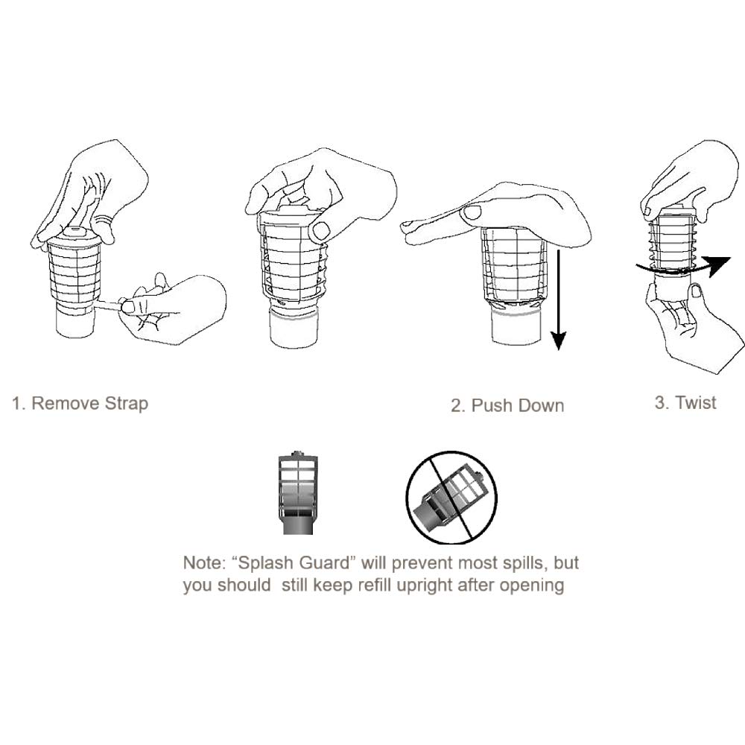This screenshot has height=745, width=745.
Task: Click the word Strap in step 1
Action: pos(124,404)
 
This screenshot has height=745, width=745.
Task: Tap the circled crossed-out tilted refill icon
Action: pos(451,496)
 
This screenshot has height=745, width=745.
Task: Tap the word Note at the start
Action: pos(202,563)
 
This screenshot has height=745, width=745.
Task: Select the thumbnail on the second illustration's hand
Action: pos(321,230)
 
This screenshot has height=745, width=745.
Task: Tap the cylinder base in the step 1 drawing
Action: pos(75,322)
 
